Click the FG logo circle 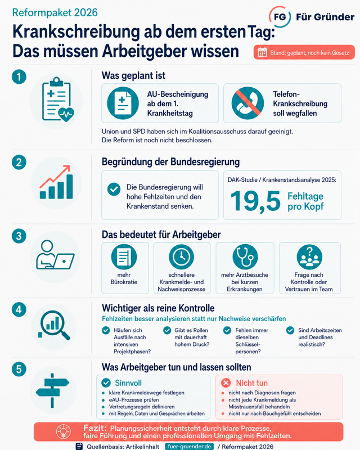tap(280, 17)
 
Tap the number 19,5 tap(255, 201)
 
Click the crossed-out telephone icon tap(247, 103)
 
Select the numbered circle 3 tap(19, 236)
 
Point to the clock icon tap(182, 256)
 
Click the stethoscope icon tap(245, 256)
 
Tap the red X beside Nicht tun tap(226, 382)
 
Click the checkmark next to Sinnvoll tap(106, 382)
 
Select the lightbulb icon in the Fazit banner tap(64, 431)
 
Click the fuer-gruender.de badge tap(190, 447)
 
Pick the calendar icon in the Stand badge tap(262, 52)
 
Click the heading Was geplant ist tap(133, 75)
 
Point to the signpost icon tap(52, 390)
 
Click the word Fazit tap(95, 428)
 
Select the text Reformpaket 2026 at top tap(55, 12)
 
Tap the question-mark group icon tap(309, 256)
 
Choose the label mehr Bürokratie tap(124, 278)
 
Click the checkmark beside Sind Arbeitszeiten tap(290, 330)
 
